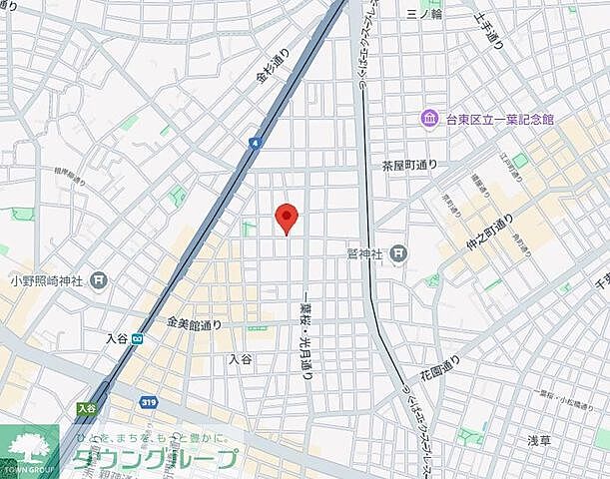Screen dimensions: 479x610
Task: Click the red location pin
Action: [x=287, y=216]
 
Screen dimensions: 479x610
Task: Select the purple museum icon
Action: [x=429, y=119]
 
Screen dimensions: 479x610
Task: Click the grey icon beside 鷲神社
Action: [x=398, y=253]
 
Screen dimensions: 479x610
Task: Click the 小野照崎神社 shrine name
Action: [x=44, y=280]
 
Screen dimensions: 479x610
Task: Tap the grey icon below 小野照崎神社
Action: [x=98, y=280]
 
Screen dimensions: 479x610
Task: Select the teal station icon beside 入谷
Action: [x=137, y=338]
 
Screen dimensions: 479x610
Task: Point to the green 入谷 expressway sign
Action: [x=86, y=407]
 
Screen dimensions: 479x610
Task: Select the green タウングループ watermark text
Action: [x=155, y=460]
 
